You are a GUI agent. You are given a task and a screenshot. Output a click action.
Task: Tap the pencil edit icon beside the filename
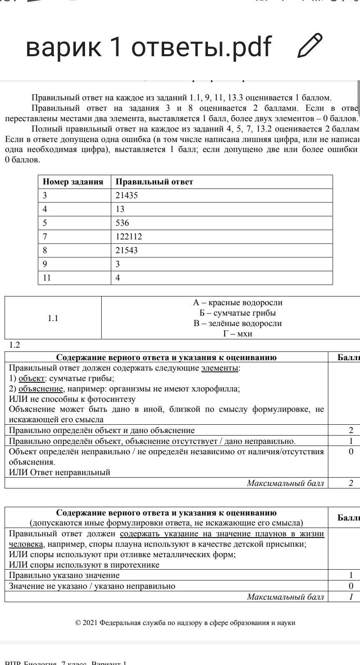point(310,45)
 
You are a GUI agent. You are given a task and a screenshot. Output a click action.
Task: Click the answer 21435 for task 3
point(127,195)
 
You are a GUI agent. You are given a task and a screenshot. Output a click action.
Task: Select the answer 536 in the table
point(122,223)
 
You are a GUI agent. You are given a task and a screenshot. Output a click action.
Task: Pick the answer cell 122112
point(129,237)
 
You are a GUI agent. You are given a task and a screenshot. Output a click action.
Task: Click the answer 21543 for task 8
point(127,250)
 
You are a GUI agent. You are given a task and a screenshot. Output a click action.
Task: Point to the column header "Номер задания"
point(73,182)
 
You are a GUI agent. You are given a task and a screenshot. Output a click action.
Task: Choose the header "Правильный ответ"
point(154,182)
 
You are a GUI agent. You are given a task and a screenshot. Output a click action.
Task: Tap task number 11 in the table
point(47,278)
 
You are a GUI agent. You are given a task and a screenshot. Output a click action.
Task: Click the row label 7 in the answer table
point(45,237)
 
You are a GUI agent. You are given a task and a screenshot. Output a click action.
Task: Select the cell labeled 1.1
point(53,318)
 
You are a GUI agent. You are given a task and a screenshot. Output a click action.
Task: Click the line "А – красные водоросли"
point(237,303)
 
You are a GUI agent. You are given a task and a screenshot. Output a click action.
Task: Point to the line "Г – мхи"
point(237,334)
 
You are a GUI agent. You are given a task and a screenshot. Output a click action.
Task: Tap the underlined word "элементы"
point(220,368)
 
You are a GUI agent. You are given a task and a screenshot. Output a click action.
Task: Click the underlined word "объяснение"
point(41,389)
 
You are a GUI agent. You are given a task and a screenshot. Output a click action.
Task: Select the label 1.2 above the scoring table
point(15,345)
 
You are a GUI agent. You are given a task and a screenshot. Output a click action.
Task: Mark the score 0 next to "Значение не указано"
point(351,586)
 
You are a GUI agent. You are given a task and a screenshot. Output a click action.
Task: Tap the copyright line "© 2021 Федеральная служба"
point(185,623)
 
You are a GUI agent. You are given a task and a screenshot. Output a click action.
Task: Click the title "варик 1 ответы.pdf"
point(148,46)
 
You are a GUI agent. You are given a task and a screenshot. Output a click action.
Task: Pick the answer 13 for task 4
point(120,209)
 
